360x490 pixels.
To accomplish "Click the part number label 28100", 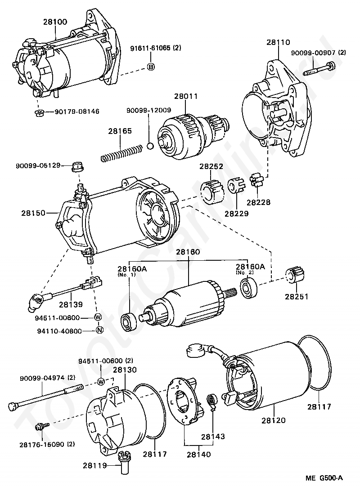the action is pyautogui.click(x=55, y=22).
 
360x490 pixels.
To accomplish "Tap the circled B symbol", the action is pyautogui.click(x=151, y=67).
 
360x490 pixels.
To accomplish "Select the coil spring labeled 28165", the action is pyautogui.click(x=122, y=153).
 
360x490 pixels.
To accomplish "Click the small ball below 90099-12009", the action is pyautogui.click(x=150, y=146).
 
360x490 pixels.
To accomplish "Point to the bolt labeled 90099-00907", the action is pyautogui.click(x=319, y=69).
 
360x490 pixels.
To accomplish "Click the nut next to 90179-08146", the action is pyautogui.click(x=39, y=112).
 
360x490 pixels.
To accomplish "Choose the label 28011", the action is pyautogui.click(x=186, y=96).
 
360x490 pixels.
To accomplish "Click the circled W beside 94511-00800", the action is pyautogui.click(x=98, y=317).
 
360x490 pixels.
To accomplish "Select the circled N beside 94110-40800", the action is pyautogui.click(x=99, y=330).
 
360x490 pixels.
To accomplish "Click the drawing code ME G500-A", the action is pyautogui.click(x=324, y=478).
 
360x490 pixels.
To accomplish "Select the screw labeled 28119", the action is pyautogui.click(x=124, y=460).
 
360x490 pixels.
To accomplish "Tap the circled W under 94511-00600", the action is pyautogui.click(x=101, y=382).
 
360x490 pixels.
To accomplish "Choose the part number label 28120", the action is pyautogui.click(x=274, y=420).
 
